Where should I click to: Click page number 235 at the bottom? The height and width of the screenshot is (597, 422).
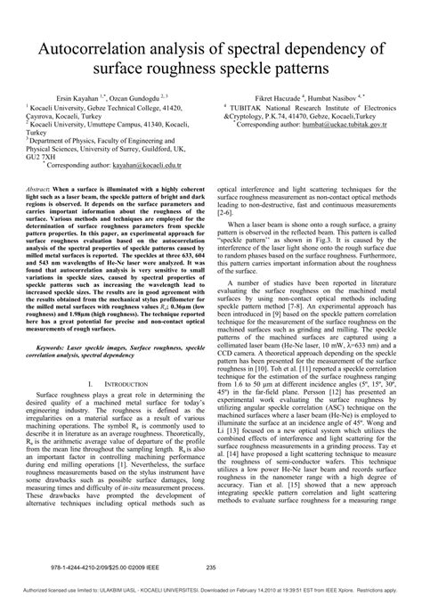[211, 567]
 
